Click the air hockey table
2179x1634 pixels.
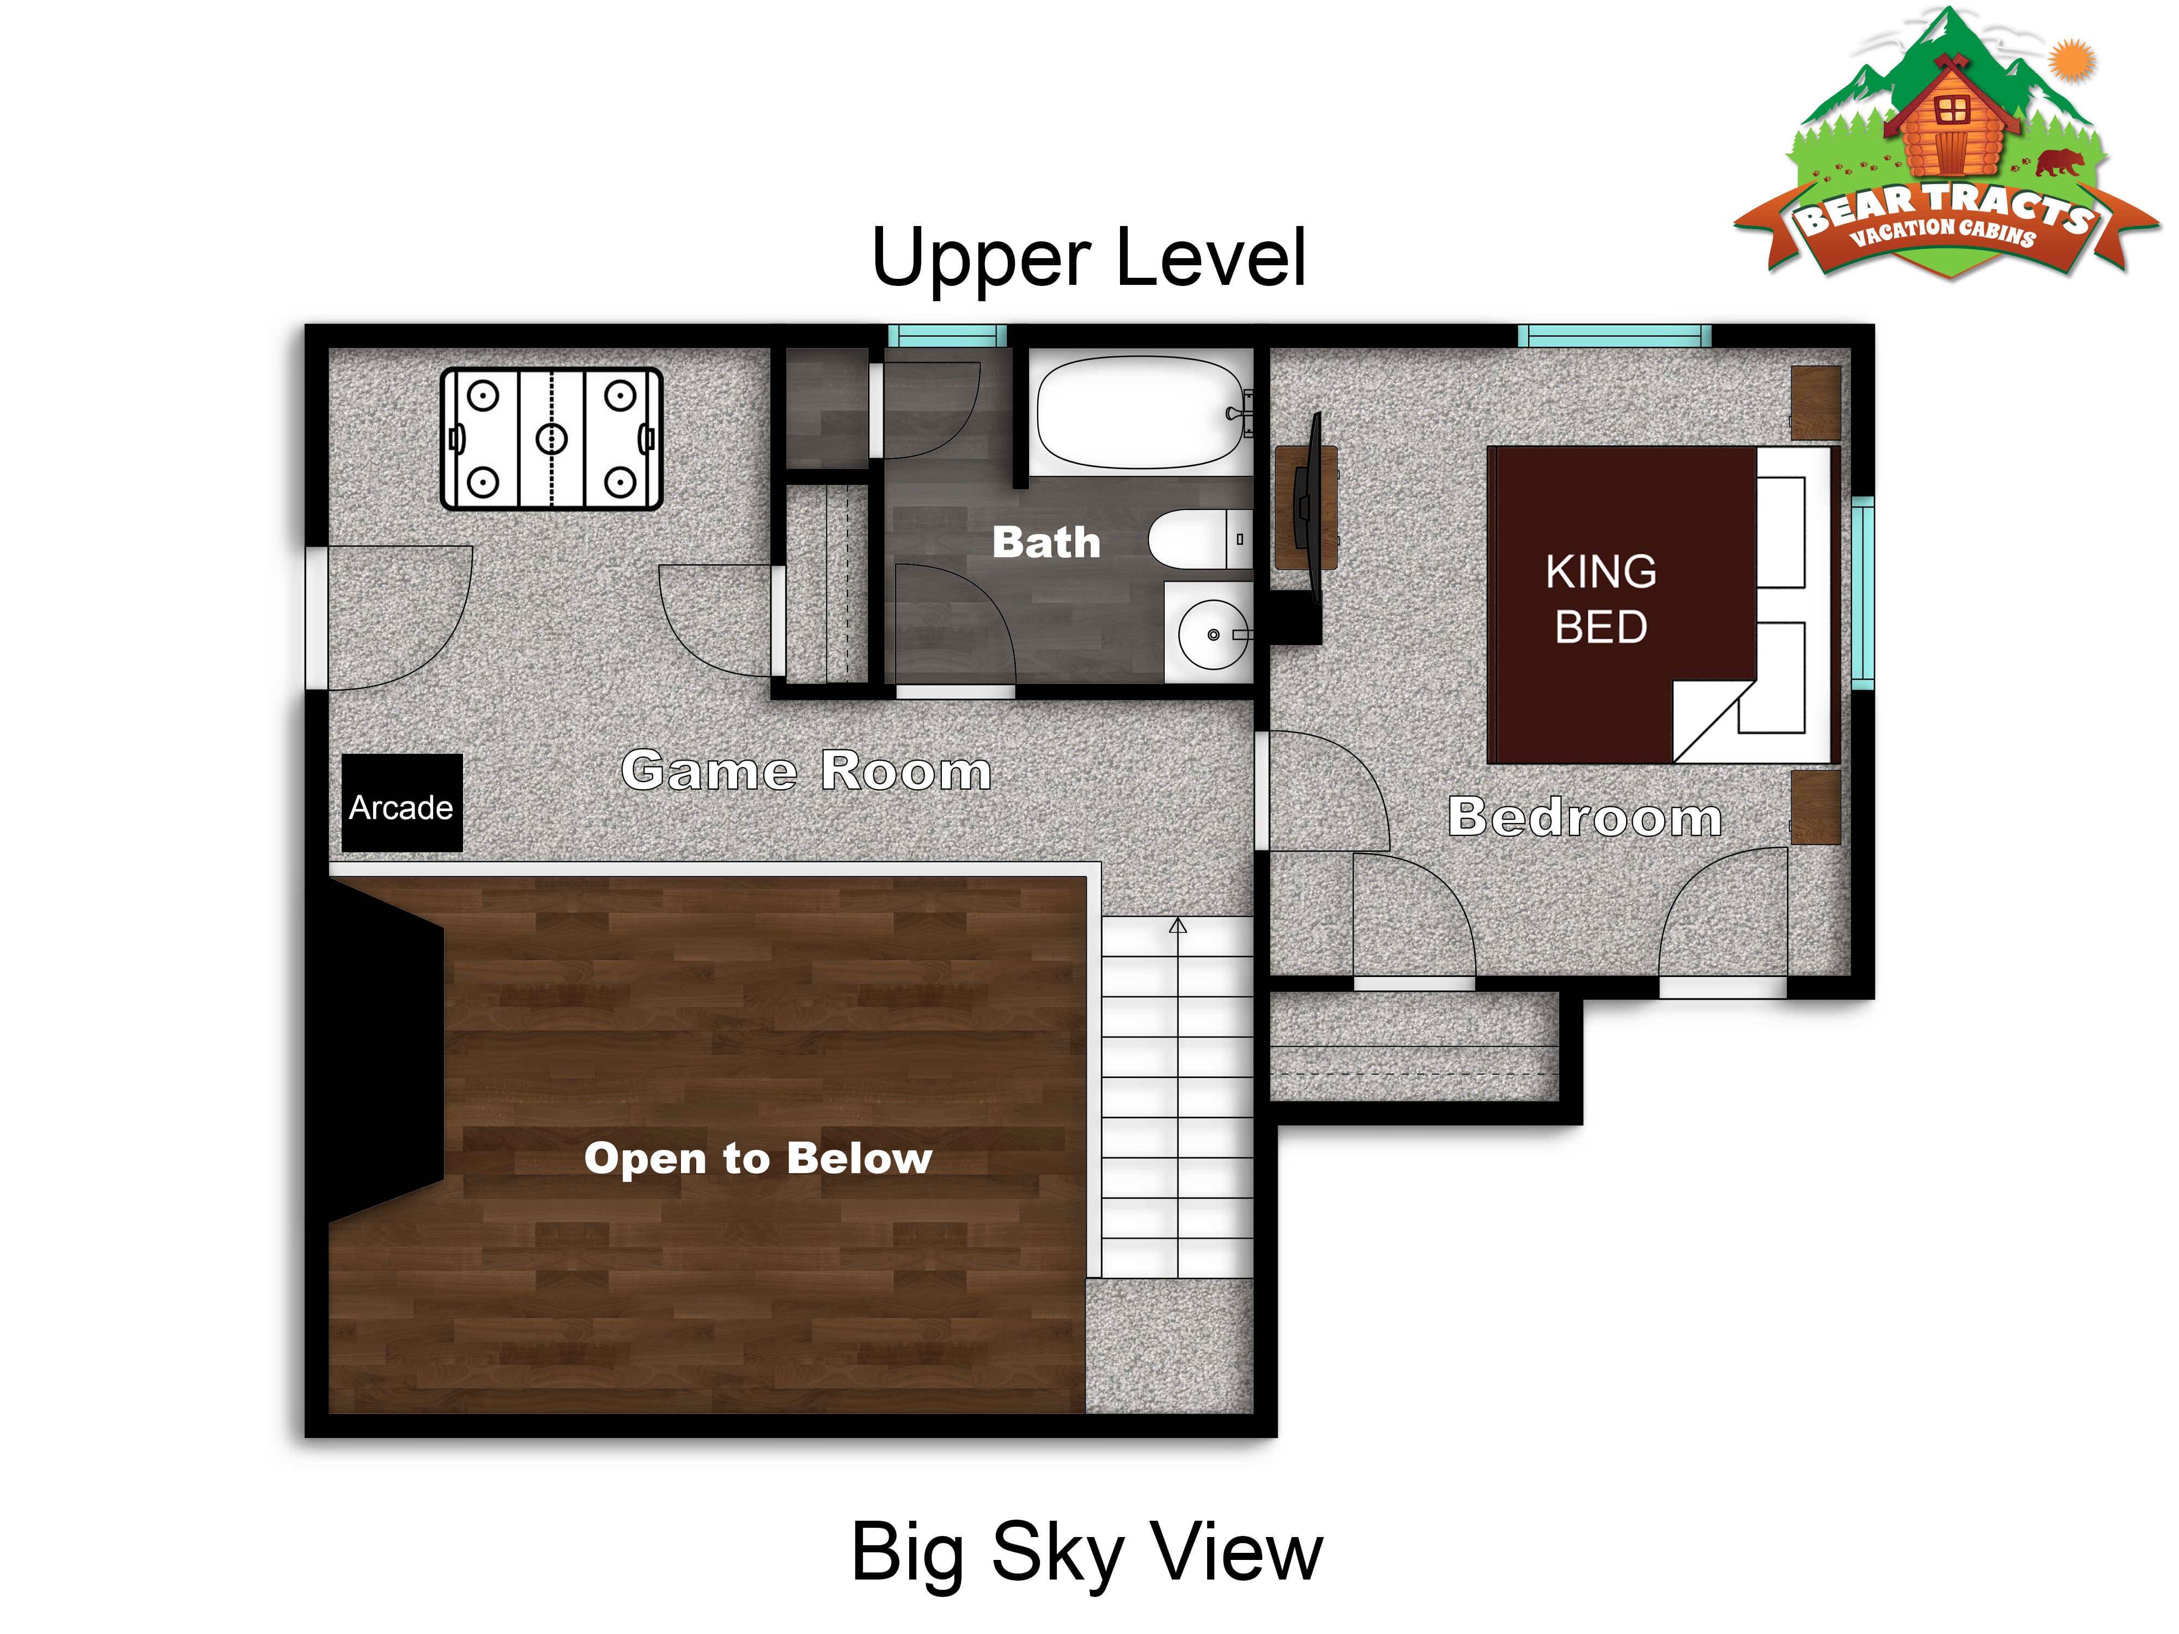pyautogui.click(x=552, y=438)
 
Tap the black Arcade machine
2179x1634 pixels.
pyautogui.click(x=402, y=803)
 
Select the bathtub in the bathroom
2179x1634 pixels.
pyautogui.click(x=1143, y=412)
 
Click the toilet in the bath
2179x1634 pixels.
pyautogui.click(x=1200, y=539)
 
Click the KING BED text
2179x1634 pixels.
pyautogui.click(x=1601, y=599)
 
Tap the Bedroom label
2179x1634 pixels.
pyautogui.click(x=1585, y=816)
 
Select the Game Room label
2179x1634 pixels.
pyautogui.click(x=806, y=770)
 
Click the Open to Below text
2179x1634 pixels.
pyautogui.click(x=758, y=1159)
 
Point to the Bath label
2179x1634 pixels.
pyautogui.click(x=1046, y=542)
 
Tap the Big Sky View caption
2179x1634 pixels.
pyautogui.click(x=1087, y=1553)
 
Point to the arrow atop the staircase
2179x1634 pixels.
pyautogui.click(x=1178, y=926)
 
